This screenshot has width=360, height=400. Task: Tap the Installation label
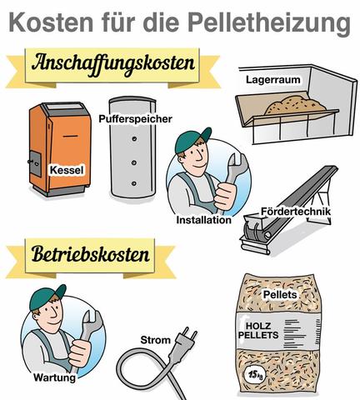point(203,221)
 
